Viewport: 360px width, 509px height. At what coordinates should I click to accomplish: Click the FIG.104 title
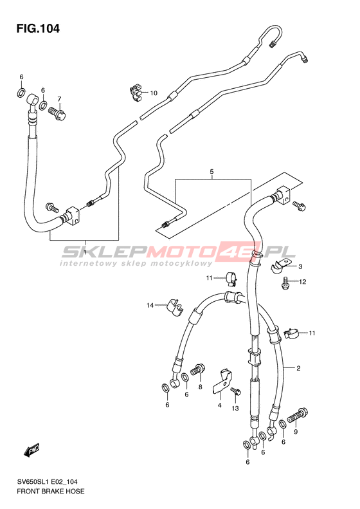tap(39, 28)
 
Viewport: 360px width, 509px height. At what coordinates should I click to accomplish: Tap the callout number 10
tap(154, 93)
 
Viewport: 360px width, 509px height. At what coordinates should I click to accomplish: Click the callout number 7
tap(59, 99)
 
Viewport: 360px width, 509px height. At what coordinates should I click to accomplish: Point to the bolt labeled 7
tap(58, 113)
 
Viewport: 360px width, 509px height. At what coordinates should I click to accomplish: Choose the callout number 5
tap(212, 171)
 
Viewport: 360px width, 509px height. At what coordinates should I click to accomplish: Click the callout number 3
tap(300, 266)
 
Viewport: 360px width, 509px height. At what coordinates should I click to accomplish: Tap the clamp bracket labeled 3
tap(282, 265)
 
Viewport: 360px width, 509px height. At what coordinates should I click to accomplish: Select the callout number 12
tap(303, 282)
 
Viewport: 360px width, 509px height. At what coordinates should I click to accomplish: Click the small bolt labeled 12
tap(285, 282)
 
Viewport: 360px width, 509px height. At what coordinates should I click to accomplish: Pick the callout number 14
tap(150, 306)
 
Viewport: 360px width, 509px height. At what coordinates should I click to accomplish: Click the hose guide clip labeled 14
tap(174, 307)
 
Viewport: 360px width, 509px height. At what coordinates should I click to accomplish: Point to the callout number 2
tap(298, 368)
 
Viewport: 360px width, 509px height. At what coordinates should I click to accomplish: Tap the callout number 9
tap(296, 432)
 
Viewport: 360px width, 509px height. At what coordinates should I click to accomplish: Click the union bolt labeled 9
tap(298, 416)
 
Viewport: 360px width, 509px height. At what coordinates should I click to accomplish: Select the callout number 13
tap(235, 409)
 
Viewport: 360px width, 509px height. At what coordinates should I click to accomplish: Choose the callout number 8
tap(200, 387)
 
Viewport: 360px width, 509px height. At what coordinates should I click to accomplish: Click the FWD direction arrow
tap(32, 450)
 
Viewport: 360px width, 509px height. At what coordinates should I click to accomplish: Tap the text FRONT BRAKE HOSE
tap(51, 492)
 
